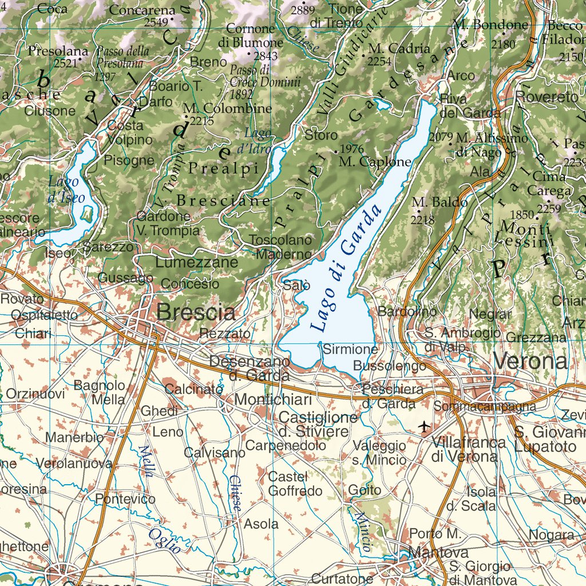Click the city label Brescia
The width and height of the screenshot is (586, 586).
click(x=196, y=312)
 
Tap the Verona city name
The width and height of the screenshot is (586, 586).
click(x=530, y=361)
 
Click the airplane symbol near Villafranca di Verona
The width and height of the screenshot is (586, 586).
click(x=424, y=426)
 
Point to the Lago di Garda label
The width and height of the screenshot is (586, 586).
click(x=346, y=269)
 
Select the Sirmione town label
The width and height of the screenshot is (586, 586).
click(x=350, y=349)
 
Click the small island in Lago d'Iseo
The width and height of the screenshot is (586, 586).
click(x=86, y=216)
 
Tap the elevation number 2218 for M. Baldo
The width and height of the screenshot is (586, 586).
click(x=423, y=219)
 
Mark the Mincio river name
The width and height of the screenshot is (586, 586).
click(x=363, y=531)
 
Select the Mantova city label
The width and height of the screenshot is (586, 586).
click(x=438, y=553)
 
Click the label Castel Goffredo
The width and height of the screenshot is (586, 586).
click(x=295, y=484)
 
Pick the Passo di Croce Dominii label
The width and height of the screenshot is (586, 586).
click(x=264, y=80)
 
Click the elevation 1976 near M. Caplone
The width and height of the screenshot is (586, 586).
click(x=351, y=149)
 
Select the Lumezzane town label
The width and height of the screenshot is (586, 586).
click(x=197, y=263)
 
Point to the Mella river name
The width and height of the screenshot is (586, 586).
click(x=146, y=461)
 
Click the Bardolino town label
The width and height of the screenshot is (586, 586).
click(x=407, y=312)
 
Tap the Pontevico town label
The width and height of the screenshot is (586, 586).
click(x=125, y=499)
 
